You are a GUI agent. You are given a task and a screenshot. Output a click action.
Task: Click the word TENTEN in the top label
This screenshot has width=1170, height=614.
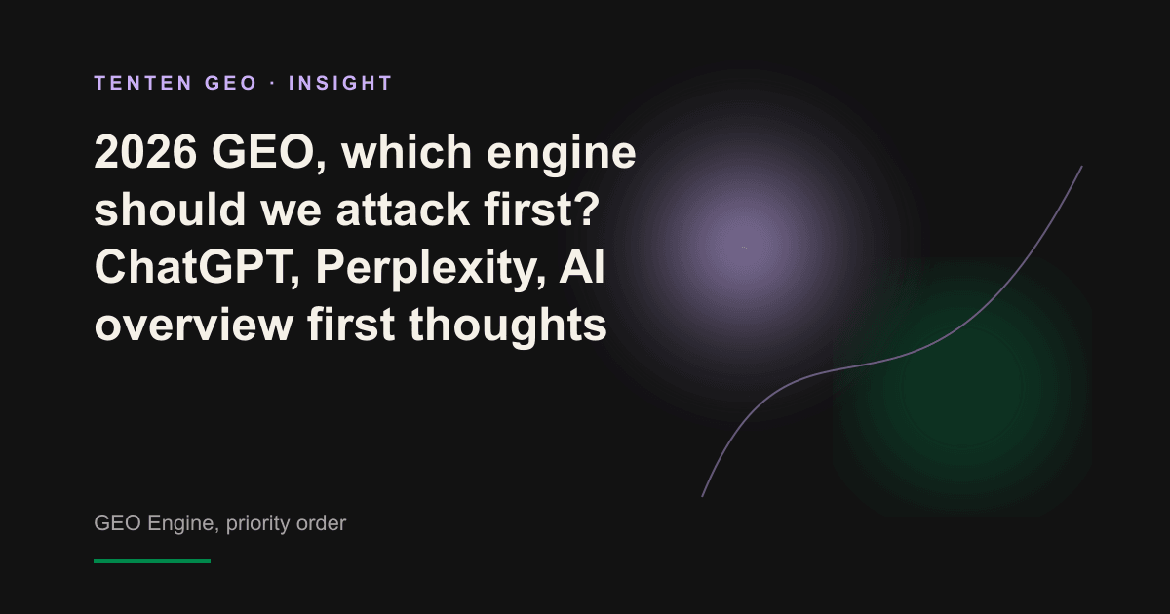tap(143, 83)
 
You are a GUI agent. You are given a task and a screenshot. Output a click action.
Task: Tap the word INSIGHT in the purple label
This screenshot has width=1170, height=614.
tap(340, 83)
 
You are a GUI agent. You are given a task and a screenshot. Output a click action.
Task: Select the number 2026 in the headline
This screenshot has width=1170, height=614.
tap(145, 152)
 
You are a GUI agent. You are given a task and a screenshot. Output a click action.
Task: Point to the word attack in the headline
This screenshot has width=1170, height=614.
tap(403, 210)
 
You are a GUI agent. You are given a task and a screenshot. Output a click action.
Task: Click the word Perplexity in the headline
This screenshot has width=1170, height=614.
tap(430, 268)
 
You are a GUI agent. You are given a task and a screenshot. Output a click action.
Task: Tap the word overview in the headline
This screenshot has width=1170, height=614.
tap(194, 325)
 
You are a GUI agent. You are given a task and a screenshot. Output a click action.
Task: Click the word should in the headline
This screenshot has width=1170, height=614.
tap(170, 210)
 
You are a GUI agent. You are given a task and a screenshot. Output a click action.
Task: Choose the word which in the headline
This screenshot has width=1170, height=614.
tap(407, 152)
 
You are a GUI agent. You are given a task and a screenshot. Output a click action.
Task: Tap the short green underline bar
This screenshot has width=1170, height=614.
tap(152, 561)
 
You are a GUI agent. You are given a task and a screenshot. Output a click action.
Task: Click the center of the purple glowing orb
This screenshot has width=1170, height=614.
tap(743, 247)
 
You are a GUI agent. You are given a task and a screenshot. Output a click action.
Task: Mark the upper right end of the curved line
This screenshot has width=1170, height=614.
tap(1081, 167)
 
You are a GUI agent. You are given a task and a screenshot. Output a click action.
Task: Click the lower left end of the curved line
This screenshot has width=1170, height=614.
tap(702, 496)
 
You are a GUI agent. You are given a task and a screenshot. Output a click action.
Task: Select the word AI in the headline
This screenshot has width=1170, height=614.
tap(582, 267)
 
